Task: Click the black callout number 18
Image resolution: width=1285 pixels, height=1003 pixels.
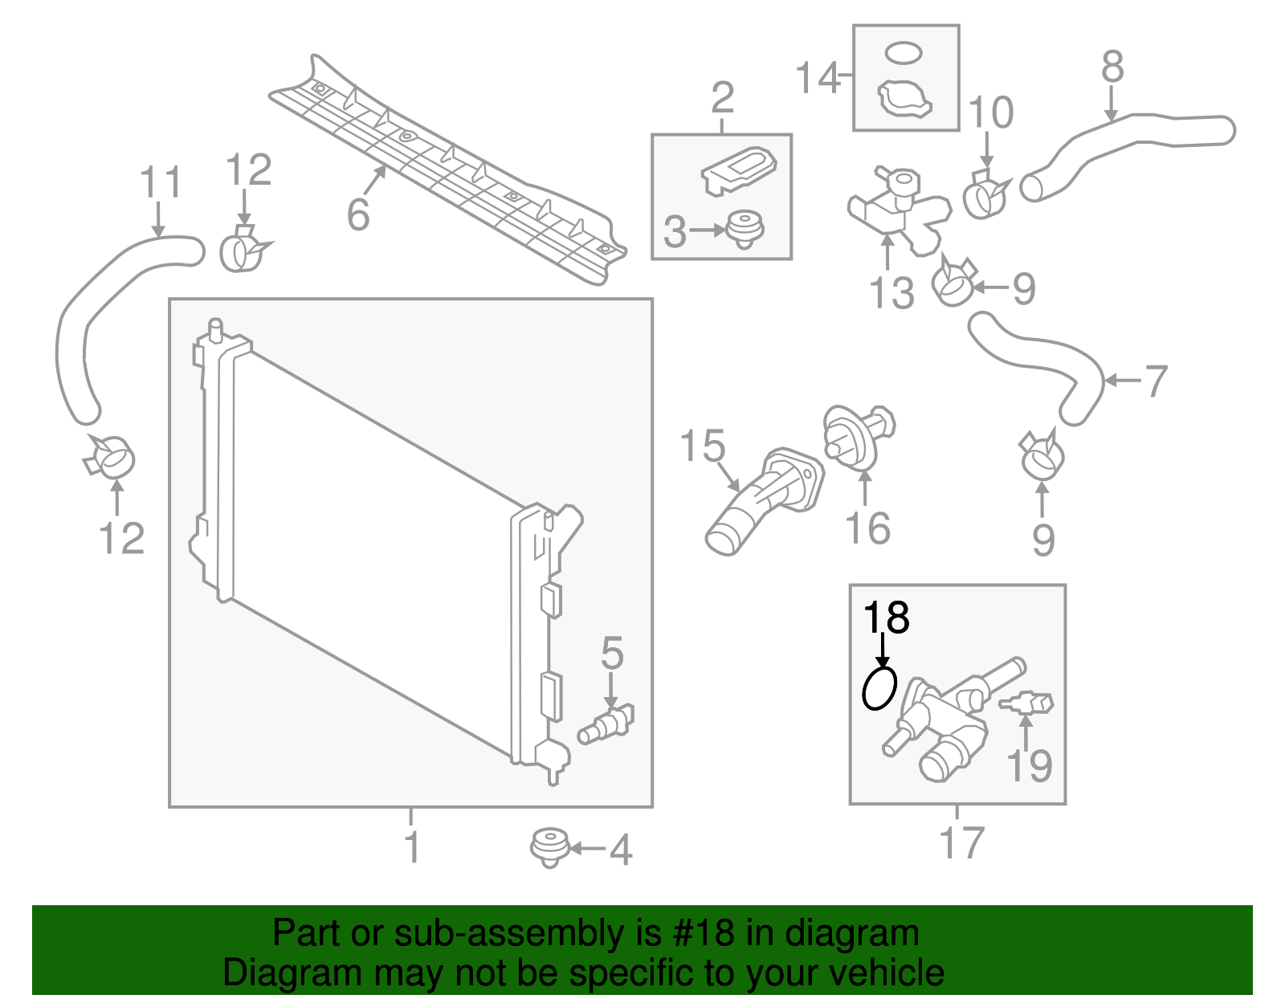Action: pyautogui.click(x=886, y=618)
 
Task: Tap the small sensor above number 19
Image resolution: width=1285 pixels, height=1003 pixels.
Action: pyautogui.click(x=1027, y=703)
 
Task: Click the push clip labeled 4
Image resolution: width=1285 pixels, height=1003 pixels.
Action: pyautogui.click(x=549, y=847)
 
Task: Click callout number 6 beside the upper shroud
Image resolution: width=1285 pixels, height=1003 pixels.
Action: pyautogui.click(x=358, y=214)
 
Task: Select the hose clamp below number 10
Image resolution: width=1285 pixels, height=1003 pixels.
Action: pyautogui.click(x=985, y=195)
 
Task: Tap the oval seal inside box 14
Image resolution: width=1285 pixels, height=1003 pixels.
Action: pyautogui.click(x=903, y=53)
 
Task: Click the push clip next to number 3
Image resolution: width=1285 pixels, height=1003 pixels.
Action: pyautogui.click(x=744, y=229)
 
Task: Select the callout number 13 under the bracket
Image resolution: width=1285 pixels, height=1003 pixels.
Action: pyautogui.click(x=891, y=292)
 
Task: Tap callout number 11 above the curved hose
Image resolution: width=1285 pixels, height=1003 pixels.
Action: pyautogui.click(x=161, y=183)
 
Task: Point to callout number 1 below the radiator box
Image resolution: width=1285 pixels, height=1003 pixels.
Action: pyautogui.click(x=411, y=847)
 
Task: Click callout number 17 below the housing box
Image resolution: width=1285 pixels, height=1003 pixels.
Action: pyautogui.click(x=961, y=842)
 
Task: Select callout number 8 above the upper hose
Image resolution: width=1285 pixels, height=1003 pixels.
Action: pyautogui.click(x=1112, y=67)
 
